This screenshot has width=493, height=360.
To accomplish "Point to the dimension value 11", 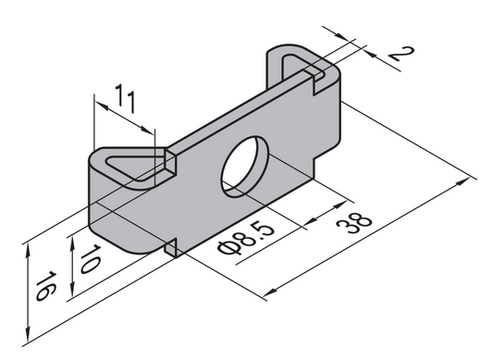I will click(129, 95).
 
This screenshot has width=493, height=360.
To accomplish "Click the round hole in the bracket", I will click(244, 167).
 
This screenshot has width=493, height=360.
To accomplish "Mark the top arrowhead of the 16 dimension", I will click(29, 245).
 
